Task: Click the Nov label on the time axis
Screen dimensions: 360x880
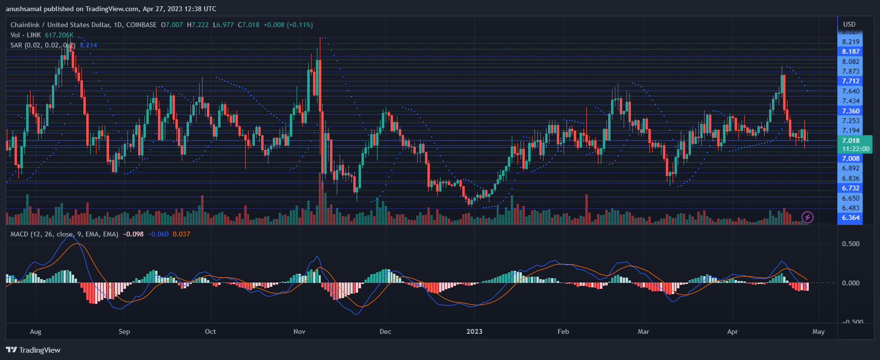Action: (x=299, y=332)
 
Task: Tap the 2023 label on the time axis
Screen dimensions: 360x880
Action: (x=474, y=332)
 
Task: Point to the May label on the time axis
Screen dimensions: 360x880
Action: (x=818, y=332)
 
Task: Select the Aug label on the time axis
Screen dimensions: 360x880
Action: (x=35, y=332)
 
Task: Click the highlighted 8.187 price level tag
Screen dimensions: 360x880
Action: (x=850, y=51)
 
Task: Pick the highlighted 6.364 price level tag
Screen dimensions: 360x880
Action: (x=850, y=218)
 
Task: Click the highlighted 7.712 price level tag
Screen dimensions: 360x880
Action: (x=850, y=81)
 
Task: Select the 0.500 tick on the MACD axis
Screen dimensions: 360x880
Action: (x=851, y=244)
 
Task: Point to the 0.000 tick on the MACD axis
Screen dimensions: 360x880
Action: (x=851, y=283)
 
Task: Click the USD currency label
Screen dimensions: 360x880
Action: (x=849, y=24)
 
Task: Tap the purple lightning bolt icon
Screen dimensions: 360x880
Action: (x=807, y=217)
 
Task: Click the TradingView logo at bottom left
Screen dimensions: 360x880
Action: (x=33, y=350)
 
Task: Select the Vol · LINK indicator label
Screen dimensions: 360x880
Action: (x=26, y=35)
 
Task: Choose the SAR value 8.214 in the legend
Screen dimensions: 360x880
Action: (x=89, y=45)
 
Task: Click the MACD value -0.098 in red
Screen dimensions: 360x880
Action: (x=133, y=234)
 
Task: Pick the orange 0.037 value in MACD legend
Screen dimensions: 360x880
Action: (x=181, y=234)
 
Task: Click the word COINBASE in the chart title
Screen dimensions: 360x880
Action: (x=141, y=25)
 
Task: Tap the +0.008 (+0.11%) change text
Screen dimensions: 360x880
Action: (x=288, y=25)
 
